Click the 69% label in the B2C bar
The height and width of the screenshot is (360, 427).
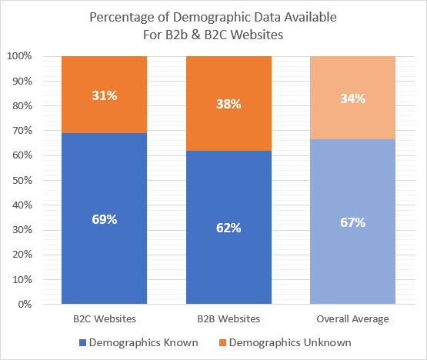coord(105,219)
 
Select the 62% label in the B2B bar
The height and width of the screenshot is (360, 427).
coord(229,228)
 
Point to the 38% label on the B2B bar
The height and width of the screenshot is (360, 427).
coord(229,104)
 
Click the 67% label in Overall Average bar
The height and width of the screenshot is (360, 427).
coord(352,222)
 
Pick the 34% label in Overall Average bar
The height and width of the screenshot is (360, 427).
coord(352,98)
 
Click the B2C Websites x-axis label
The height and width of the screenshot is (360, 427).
coord(105,318)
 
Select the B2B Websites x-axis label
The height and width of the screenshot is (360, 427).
coord(229,318)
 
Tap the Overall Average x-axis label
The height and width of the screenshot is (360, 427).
coord(352,318)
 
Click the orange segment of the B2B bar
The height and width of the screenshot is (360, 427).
coord(229,123)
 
